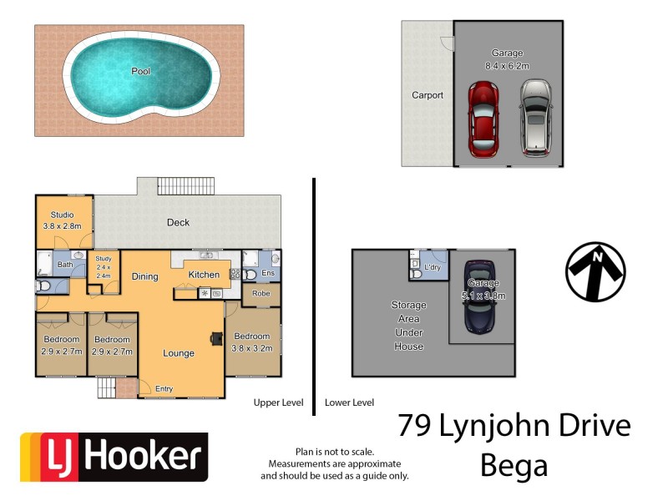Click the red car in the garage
pyautogui.click(x=483, y=119)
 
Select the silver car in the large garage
pyautogui.click(x=534, y=118)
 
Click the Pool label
pyautogui.click(x=141, y=72)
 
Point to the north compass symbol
pyautogui.click(x=595, y=271)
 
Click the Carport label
pyautogui.click(x=428, y=95)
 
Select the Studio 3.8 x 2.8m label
pyautogui.click(x=63, y=220)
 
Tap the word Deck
pyautogui.click(x=178, y=222)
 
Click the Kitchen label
pyautogui.click(x=204, y=275)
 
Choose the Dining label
pyautogui.click(x=144, y=276)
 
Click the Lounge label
pyautogui.click(x=179, y=353)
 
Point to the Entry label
pyautogui.click(x=164, y=388)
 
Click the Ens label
pyautogui.click(x=268, y=273)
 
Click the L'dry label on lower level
pyautogui.click(x=433, y=267)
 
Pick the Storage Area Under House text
pyautogui.click(x=408, y=326)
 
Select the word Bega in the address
pyautogui.click(x=514, y=464)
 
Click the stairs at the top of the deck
pyautogui.click(x=186, y=185)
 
